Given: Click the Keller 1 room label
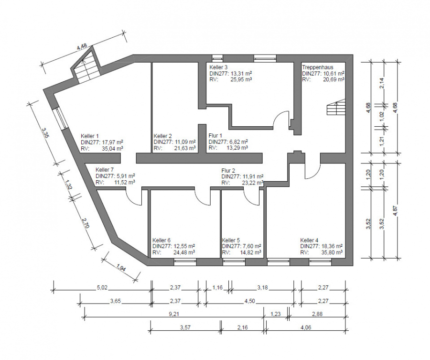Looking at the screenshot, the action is click(89, 136).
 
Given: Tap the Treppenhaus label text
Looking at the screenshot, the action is click(318, 67).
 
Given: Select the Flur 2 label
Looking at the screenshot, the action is click(228, 171).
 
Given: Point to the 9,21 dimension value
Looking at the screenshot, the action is click(174, 314).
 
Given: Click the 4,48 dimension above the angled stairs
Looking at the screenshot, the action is click(82, 46).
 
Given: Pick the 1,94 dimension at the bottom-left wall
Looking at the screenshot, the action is click(121, 267).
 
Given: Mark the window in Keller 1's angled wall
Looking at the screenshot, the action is click(61, 118).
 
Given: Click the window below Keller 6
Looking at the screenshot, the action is click(185, 262).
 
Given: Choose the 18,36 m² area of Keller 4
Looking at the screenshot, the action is click(331, 246).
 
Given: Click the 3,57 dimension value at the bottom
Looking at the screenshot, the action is click(185, 327).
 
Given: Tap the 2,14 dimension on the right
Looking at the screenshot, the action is click(382, 83).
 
